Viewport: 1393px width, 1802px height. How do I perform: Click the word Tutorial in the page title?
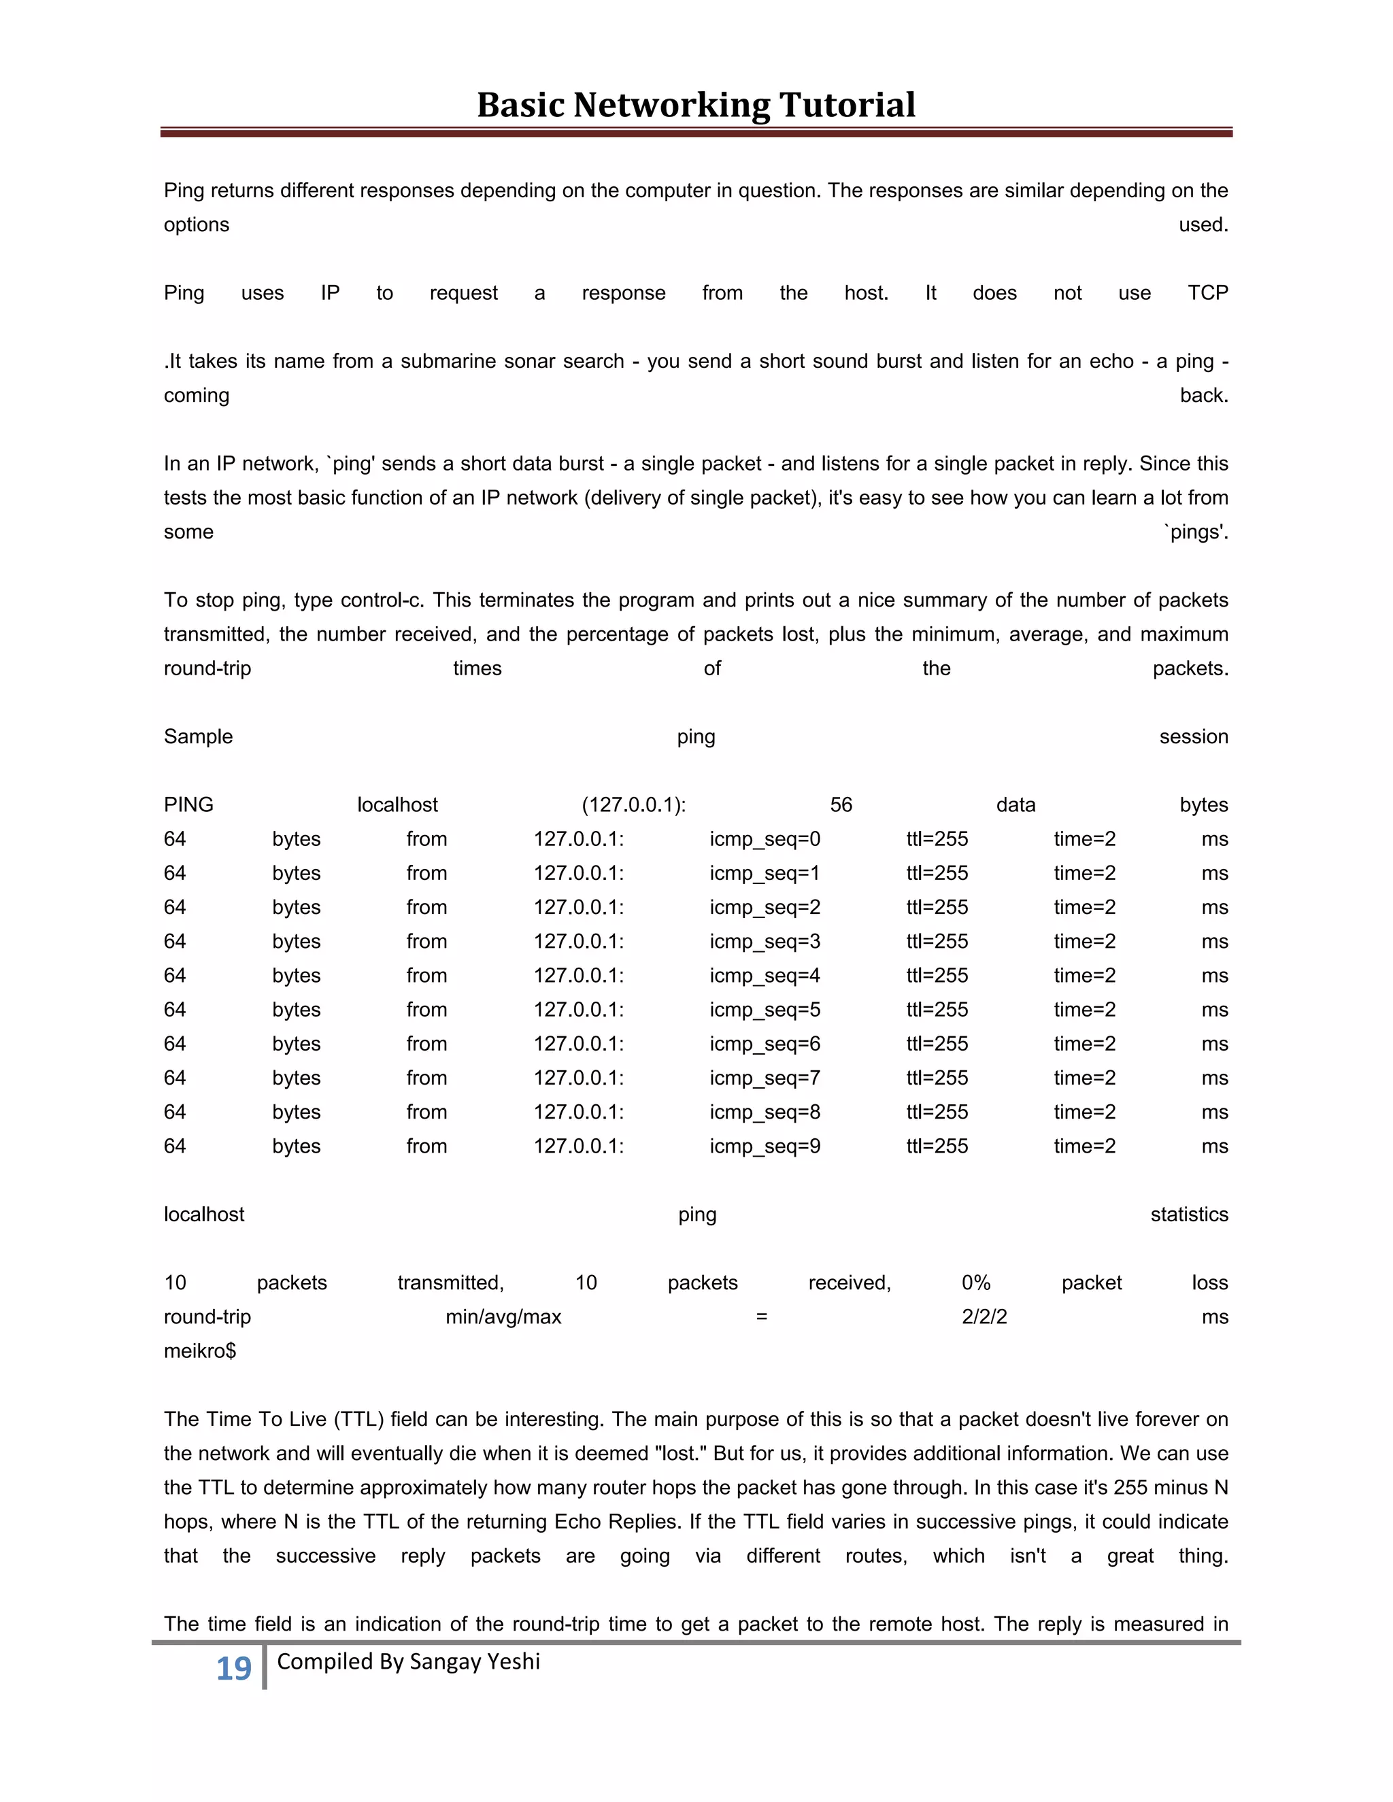point(847,105)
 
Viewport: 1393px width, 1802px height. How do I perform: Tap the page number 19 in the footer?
point(233,1668)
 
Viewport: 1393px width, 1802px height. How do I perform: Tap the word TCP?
point(1207,293)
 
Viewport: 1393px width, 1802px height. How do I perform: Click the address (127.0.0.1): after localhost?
point(633,804)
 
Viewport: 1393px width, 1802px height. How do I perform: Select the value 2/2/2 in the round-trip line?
point(984,1317)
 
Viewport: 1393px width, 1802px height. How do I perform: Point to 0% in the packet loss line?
point(975,1283)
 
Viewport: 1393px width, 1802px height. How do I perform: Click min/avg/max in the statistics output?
point(503,1317)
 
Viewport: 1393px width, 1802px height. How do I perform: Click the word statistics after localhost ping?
point(1188,1214)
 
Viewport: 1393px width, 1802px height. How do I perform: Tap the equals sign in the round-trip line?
point(761,1317)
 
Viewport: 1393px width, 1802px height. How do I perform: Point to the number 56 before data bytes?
point(840,804)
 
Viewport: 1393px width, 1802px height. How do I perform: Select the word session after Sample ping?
point(1192,737)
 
